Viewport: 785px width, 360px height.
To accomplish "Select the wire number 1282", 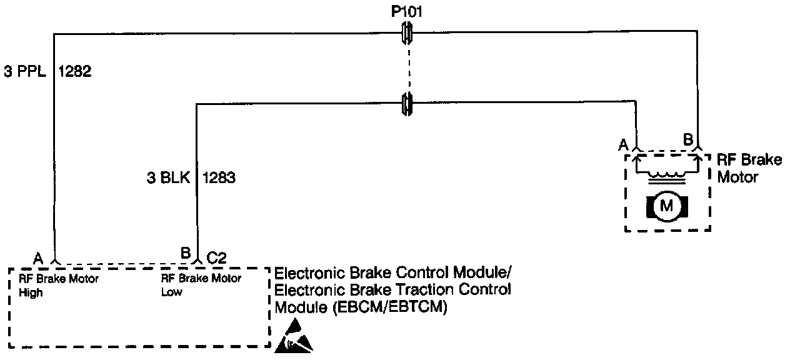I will tap(75, 72).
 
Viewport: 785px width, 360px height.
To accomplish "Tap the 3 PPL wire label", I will tap(26, 72).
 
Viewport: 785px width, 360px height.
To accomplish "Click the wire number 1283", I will tap(219, 178).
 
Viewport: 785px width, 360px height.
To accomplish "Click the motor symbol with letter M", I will tap(667, 206).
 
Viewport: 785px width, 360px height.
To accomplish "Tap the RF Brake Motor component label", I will tap(748, 168).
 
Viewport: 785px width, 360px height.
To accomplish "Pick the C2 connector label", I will tap(216, 256).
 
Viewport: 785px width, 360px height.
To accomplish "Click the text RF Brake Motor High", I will tap(58, 285).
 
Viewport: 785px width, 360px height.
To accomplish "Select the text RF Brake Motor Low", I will tap(201, 285).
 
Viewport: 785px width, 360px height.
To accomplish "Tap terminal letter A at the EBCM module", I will tap(38, 257).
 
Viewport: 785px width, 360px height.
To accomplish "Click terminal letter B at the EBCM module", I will tap(185, 254).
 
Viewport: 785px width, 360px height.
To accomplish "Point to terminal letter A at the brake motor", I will tap(622, 144).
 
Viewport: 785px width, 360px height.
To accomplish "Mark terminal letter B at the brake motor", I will tap(687, 140).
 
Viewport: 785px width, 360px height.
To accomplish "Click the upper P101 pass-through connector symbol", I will tap(406, 32).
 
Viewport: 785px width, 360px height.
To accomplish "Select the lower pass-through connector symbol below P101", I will tap(406, 103).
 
